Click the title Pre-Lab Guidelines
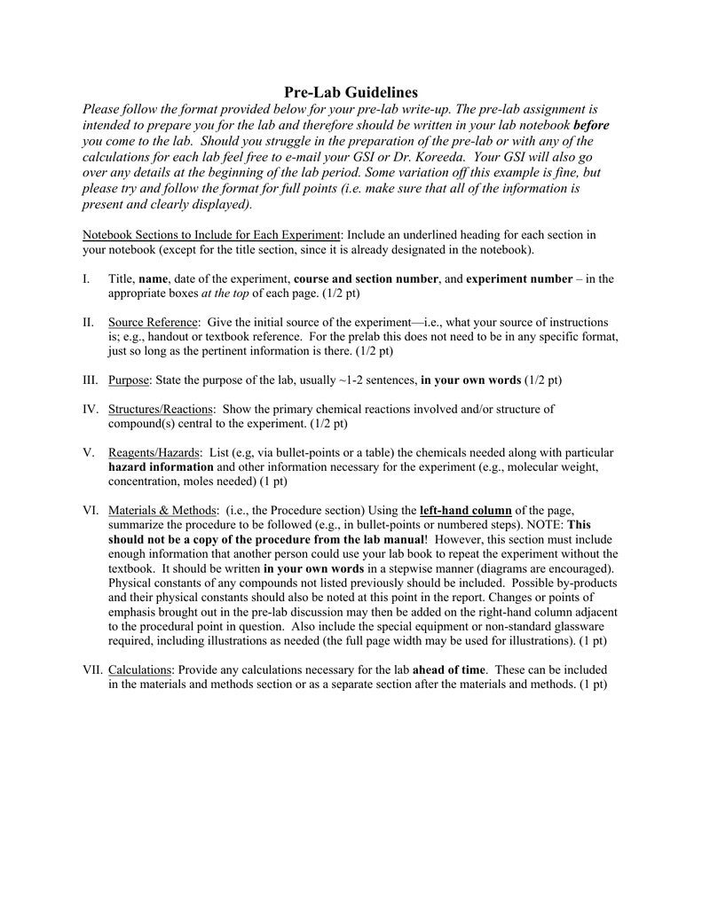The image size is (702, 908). click(x=351, y=92)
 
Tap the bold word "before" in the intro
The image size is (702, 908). click(x=592, y=125)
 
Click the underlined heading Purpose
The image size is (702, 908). click(x=129, y=380)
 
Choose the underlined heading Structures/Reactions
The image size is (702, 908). click(x=161, y=409)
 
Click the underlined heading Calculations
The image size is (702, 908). click(x=142, y=670)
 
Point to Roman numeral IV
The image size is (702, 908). click(x=90, y=409)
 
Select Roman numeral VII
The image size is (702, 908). click(x=92, y=670)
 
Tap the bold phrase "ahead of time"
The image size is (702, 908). click(x=450, y=670)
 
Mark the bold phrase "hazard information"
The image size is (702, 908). click(x=161, y=466)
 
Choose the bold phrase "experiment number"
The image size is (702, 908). click(x=519, y=278)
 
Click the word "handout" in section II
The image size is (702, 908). click(x=167, y=337)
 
